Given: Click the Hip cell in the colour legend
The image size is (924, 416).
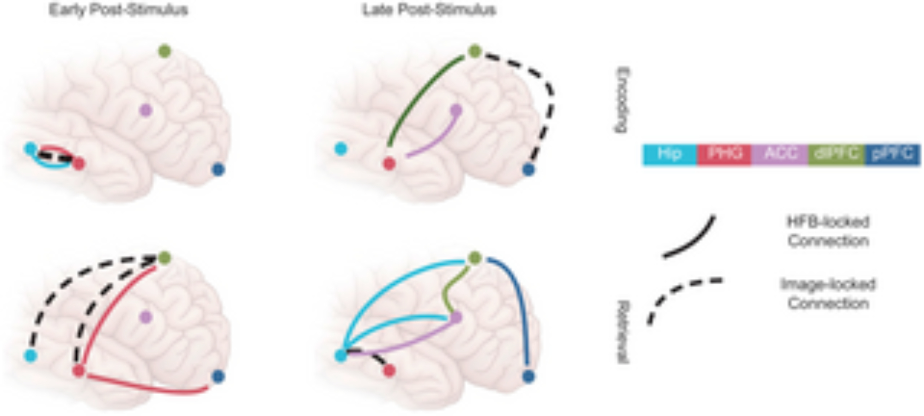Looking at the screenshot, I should [x=669, y=154].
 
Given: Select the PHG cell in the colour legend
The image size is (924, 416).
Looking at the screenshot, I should [x=724, y=154].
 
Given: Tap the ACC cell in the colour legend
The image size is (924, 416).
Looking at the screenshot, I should [x=780, y=154].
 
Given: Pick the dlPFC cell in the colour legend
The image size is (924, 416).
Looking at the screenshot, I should [x=836, y=154].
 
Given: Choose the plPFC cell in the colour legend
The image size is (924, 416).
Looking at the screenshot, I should [x=893, y=154].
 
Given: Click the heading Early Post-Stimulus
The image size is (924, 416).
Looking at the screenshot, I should [x=118, y=10].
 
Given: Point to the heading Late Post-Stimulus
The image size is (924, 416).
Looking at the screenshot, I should [x=429, y=10].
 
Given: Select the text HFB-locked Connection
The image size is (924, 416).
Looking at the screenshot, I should [x=828, y=231].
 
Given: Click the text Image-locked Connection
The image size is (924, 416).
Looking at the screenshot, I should [x=828, y=294].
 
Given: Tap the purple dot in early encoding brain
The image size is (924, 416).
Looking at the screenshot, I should [x=146, y=110].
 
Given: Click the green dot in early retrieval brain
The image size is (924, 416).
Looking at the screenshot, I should [x=164, y=257].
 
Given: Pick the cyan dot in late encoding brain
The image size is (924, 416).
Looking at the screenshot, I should [x=340, y=149].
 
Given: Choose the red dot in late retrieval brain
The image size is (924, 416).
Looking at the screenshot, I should [x=389, y=370].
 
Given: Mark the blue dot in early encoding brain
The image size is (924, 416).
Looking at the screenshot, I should [x=218, y=170].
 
